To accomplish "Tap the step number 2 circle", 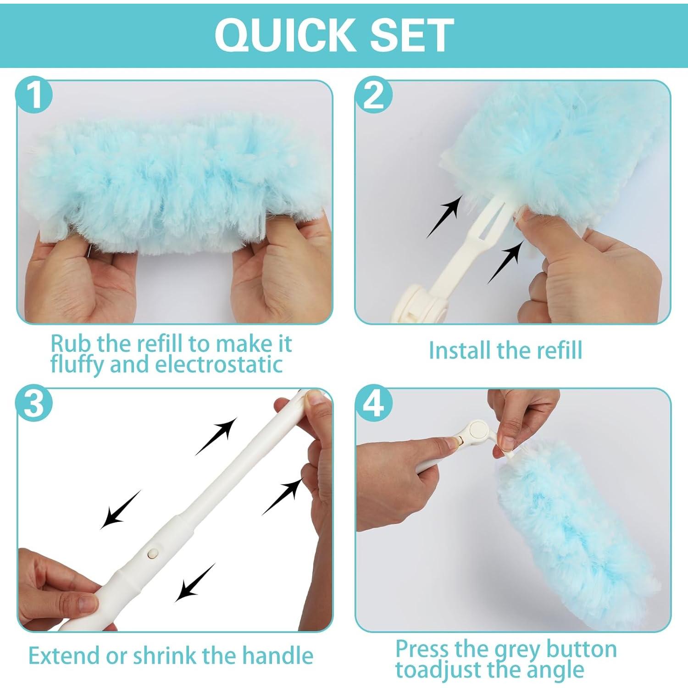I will (374, 96).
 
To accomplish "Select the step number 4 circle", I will (374, 404).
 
